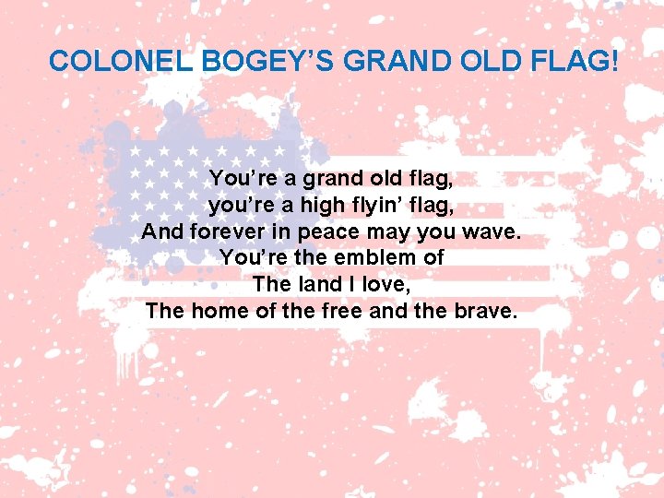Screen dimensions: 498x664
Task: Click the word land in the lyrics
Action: [315, 284]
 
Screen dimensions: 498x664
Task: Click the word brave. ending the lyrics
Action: [488, 311]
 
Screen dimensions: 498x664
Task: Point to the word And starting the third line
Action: [162, 231]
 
